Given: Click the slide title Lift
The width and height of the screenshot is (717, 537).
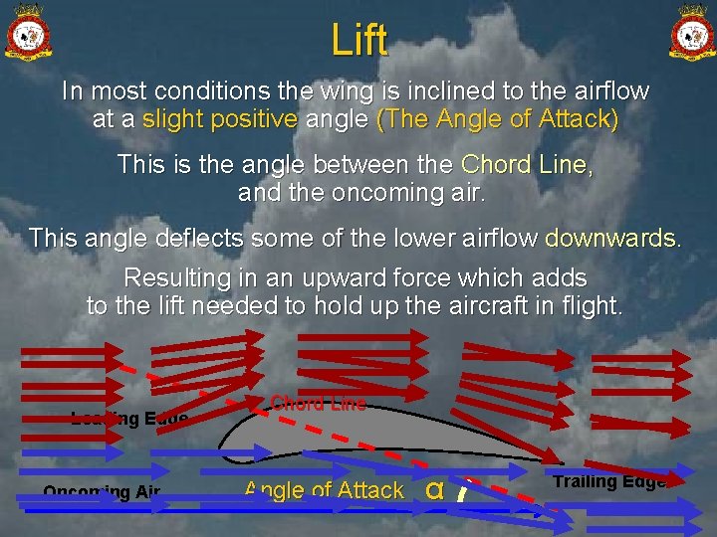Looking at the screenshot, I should pos(358,41).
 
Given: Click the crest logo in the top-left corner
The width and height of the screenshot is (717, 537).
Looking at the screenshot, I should pos(29,33).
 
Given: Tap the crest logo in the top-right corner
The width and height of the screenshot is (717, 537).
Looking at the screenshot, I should pos(689,33).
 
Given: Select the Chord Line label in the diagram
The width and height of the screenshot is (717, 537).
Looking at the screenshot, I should pos(318,403).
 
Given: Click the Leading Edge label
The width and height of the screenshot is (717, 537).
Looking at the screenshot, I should pos(128,419).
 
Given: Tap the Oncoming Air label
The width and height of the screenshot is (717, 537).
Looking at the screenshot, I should pos(102,491).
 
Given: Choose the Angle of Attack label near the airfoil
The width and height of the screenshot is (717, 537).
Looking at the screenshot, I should pos(324,489).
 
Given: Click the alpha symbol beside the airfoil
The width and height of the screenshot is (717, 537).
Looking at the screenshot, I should pos(434,488).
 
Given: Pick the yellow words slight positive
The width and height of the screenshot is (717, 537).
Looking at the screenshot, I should pos(220,120).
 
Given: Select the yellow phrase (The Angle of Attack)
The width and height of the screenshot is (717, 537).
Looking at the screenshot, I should pos(498,120).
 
